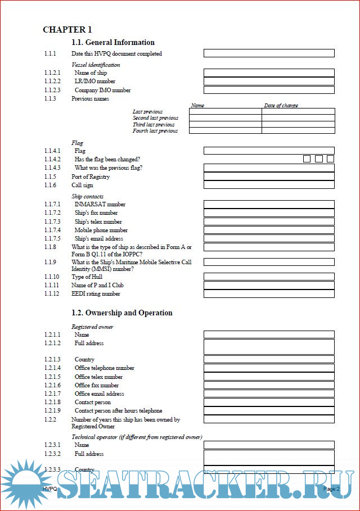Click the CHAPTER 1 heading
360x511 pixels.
click(x=67, y=30)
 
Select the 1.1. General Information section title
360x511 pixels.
click(x=113, y=43)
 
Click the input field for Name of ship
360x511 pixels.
click(x=269, y=73)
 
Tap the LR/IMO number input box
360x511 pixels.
click(x=269, y=82)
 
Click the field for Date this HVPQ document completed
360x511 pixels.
click(x=269, y=53)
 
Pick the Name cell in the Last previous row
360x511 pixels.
click(x=225, y=112)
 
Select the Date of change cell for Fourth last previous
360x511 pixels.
click(x=298, y=130)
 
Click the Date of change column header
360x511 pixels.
click(x=281, y=106)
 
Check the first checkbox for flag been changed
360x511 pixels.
click(x=307, y=159)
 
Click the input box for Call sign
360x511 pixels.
click(x=269, y=185)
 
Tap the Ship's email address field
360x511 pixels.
click(x=269, y=238)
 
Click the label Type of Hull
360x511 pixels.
click(x=87, y=277)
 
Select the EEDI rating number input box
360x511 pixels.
click(x=269, y=293)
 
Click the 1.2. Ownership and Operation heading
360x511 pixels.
click(x=122, y=313)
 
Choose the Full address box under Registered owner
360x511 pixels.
click(x=269, y=347)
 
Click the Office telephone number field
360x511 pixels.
click(x=269, y=368)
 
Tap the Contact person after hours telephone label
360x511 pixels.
click(x=118, y=411)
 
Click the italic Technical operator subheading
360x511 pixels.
click(x=137, y=437)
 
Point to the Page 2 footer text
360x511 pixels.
click(x=331, y=489)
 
